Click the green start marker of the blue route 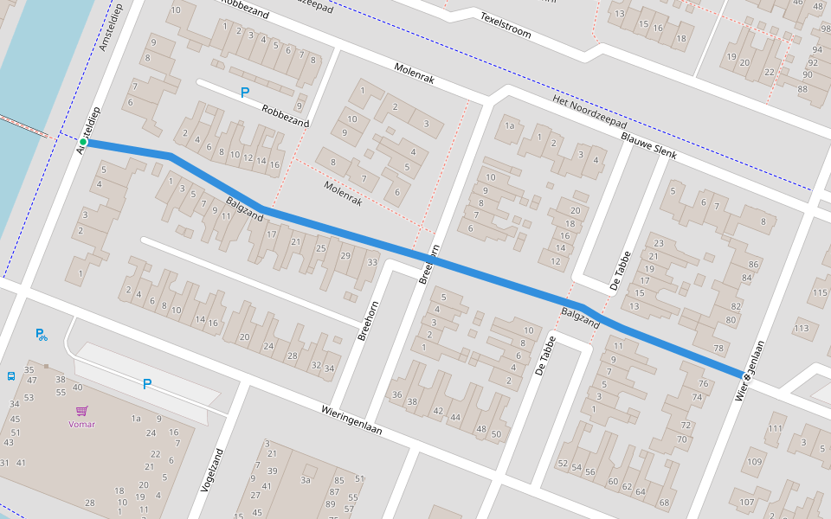click(x=83, y=141)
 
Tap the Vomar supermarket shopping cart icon click(x=82, y=411)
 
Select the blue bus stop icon click(x=11, y=376)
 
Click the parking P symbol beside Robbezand click(x=245, y=92)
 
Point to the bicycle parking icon click(x=41, y=334)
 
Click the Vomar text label click(x=82, y=424)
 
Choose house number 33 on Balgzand click(x=372, y=262)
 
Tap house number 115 click(x=820, y=292)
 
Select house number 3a click(x=305, y=479)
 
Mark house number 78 click(x=718, y=348)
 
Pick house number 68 click(x=664, y=503)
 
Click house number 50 click(x=495, y=434)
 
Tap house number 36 click(x=396, y=395)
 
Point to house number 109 click(x=755, y=462)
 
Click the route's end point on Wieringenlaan click(x=744, y=375)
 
